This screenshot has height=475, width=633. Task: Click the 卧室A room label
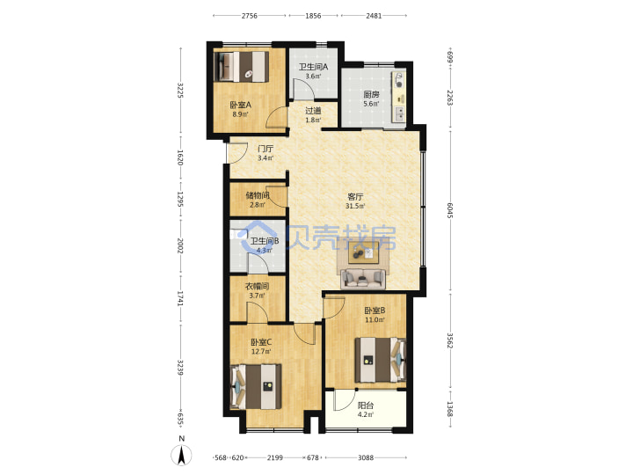pyautogui.click(x=241, y=105)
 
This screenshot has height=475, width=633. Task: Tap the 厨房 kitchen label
pyautogui.click(x=371, y=94)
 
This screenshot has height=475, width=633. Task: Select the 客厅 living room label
pyautogui.click(x=355, y=197)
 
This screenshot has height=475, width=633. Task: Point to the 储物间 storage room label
pyautogui.click(x=258, y=195)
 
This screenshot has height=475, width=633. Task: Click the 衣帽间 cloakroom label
pyautogui.click(x=257, y=287)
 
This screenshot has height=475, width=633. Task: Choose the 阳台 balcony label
pyautogui.click(x=366, y=406)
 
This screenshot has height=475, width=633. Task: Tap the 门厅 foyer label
pyautogui.click(x=266, y=149)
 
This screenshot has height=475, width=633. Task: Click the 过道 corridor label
pyautogui.click(x=313, y=111)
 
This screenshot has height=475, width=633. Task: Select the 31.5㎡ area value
pyautogui.click(x=355, y=207)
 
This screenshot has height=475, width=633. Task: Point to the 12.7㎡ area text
pyautogui.click(x=261, y=351)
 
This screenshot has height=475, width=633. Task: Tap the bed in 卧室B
pyautogui.click(x=381, y=360)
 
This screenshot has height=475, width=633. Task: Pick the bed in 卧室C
pyautogui.click(x=256, y=387)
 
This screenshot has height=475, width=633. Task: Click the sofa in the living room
pyautogui.click(x=363, y=279)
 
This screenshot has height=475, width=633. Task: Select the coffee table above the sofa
pyautogui.click(x=363, y=253)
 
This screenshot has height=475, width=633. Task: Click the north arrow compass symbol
pyautogui.click(x=182, y=456)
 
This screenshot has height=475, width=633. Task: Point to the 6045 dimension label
pyautogui.click(x=450, y=211)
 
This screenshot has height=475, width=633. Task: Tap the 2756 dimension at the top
pyautogui.click(x=250, y=16)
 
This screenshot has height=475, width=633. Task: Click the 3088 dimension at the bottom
pyautogui.click(x=366, y=457)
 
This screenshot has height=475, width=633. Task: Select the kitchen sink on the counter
pyautogui.click(x=399, y=114)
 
